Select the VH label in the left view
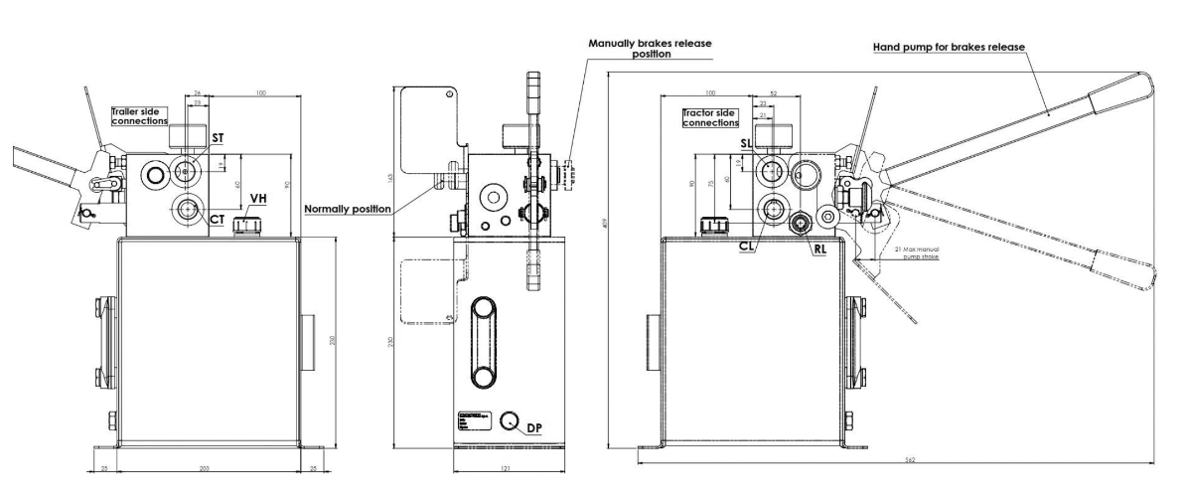tap(258, 199)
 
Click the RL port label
tap(820, 250)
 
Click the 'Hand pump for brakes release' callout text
tap(949, 47)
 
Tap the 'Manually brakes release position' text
tap(651, 49)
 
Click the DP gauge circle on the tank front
tap(511, 421)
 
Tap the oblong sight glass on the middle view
tap(486, 341)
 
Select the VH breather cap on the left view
tap(242, 227)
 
